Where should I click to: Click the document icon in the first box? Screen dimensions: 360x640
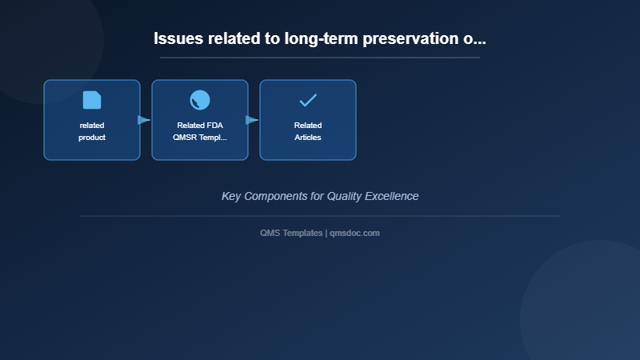tap(92, 100)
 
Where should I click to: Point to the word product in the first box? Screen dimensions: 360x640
tap(92, 138)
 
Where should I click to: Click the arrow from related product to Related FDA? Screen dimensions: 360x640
tap(144, 120)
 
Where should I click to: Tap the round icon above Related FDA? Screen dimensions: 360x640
tap(200, 100)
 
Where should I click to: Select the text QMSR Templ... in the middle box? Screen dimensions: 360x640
tap(200, 138)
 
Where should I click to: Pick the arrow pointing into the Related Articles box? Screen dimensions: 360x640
tap(252, 120)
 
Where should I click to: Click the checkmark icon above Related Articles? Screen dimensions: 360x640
tap(308, 100)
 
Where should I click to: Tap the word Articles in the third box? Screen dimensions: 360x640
tap(308, 138)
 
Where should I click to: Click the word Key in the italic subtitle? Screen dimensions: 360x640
tap(231, 196)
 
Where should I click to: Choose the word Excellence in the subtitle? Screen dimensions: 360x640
tap(393, 196)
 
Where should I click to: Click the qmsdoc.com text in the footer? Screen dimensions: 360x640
tap(354, 233)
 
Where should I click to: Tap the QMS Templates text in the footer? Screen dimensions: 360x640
tap(291, 233)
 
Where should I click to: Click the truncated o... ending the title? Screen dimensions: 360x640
tap(474, 38)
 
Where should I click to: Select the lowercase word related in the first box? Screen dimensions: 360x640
tap(92, 126)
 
